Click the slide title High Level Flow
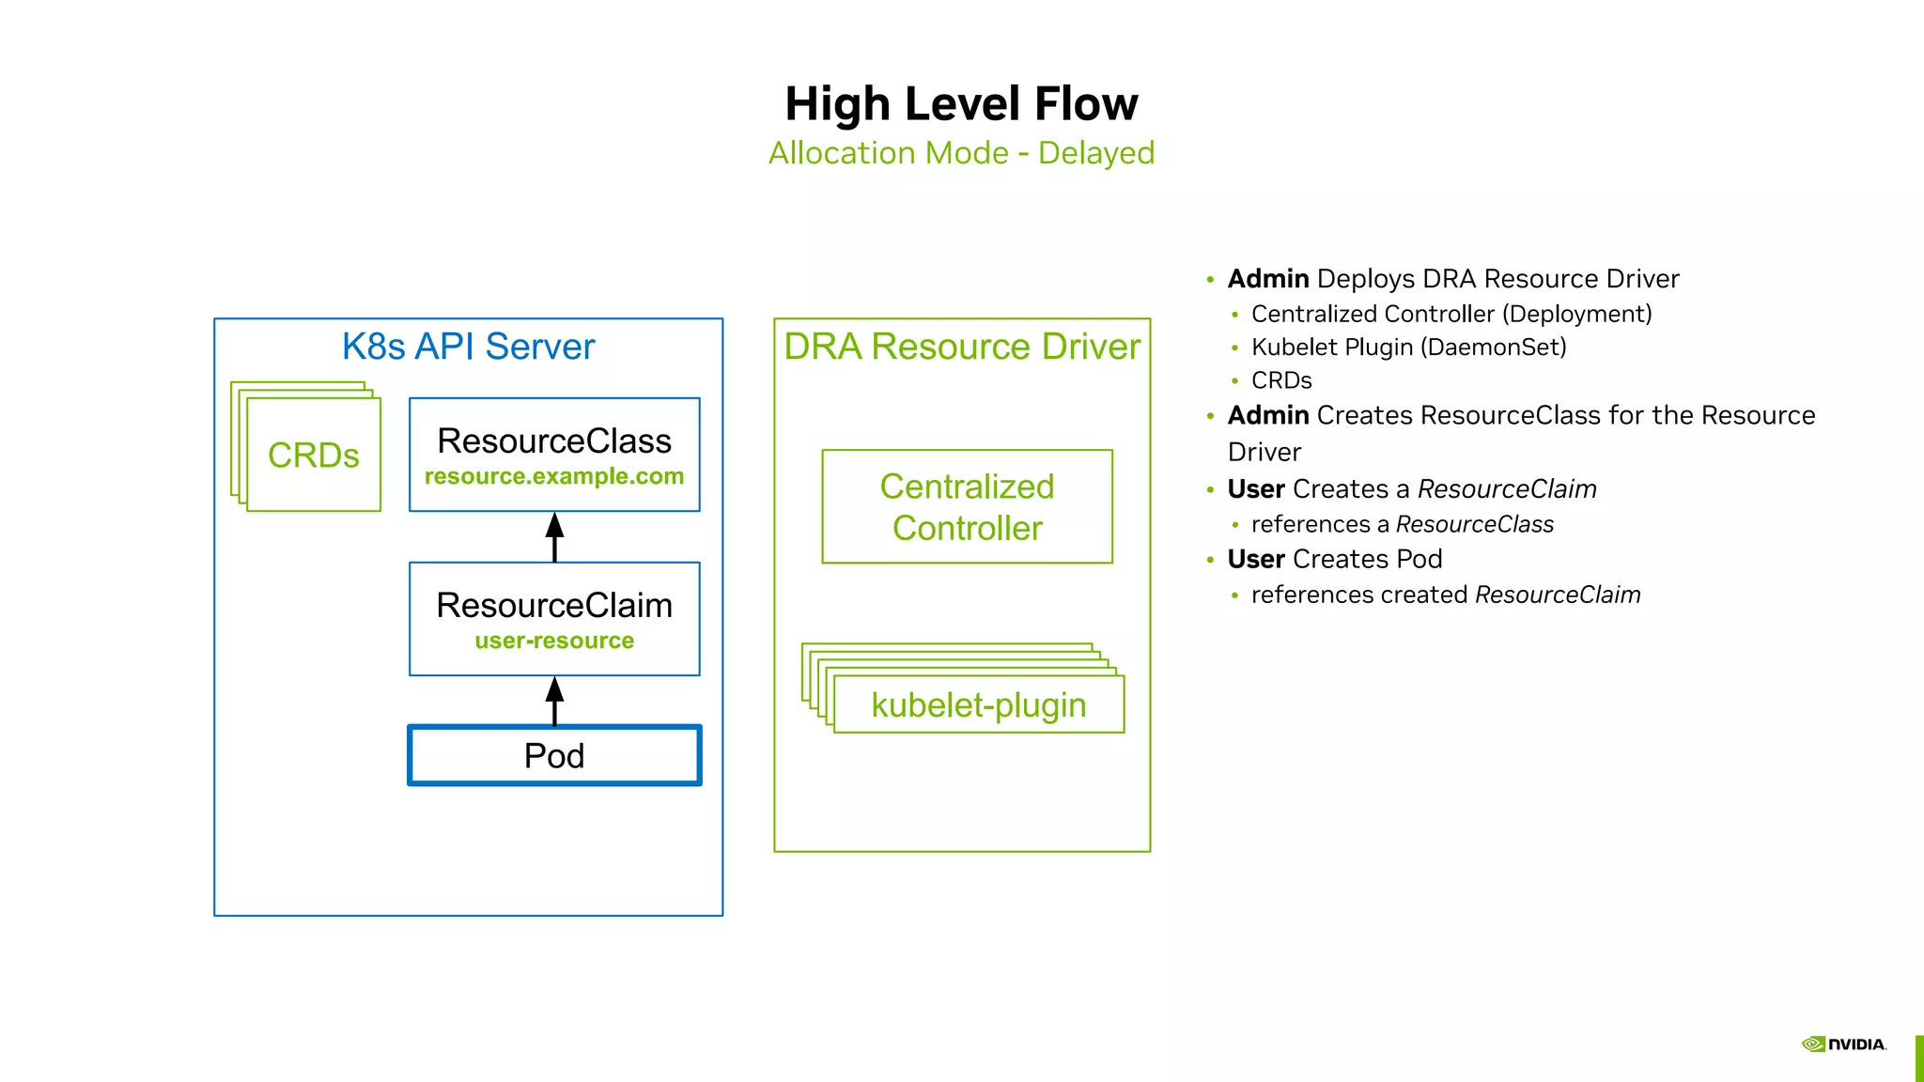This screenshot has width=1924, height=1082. [x=961, y=103]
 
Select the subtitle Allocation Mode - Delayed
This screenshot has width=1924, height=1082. [x=961, y=153]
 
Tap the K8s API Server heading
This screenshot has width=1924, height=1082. [x=468, y=347]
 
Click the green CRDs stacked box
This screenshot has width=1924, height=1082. [x=313, y=455]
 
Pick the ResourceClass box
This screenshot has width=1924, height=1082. [x=554, y=441]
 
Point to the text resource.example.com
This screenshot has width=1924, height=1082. [x=554, y=476]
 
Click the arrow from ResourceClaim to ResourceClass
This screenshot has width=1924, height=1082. [x=554, y=537]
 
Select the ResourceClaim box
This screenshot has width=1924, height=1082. [x=554, y=606]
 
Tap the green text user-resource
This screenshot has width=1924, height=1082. [x=554, y=641]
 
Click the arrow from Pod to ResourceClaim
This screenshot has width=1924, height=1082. [x=554, y=702]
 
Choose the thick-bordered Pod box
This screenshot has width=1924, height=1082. [x=554, y=755]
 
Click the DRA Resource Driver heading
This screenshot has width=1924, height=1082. [x=962, y=347]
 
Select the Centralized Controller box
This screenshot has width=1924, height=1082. [x=967, y=507]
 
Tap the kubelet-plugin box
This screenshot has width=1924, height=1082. [x=978, y=704]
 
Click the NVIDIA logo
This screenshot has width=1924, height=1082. [x=1843, y=1044]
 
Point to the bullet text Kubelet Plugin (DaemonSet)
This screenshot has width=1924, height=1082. [x=1408, y=348]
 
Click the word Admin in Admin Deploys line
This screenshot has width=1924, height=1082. [x=1268, y=279]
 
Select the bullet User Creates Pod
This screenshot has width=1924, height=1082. [x=1334, y=559]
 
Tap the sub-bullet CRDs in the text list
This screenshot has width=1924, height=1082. [x=1281, y=380]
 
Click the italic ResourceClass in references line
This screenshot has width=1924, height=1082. [x=1474, y=524]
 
